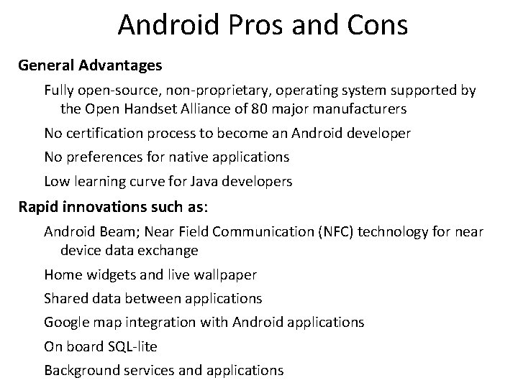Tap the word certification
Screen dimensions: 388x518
(105, 133)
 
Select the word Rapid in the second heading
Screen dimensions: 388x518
(38, 207)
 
